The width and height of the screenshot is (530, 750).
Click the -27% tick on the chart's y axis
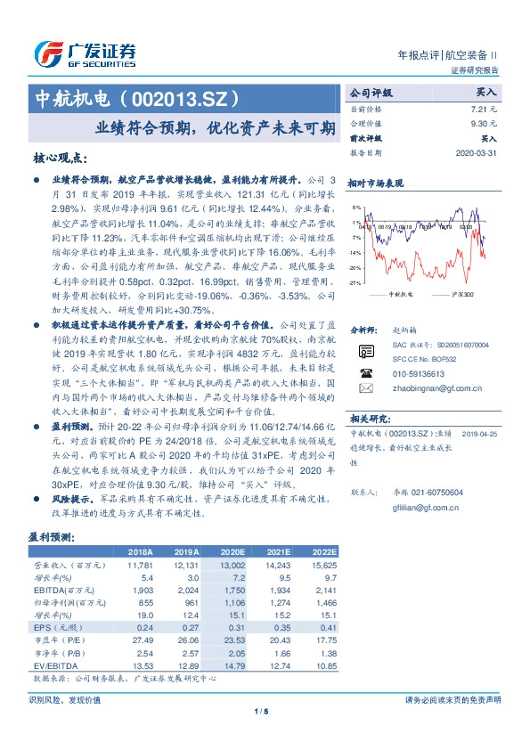(354, 282)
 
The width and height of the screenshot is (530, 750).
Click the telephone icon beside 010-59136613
(364, 372)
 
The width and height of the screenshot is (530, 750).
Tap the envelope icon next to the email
(364, 388)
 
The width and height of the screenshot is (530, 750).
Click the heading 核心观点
(60, 158)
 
